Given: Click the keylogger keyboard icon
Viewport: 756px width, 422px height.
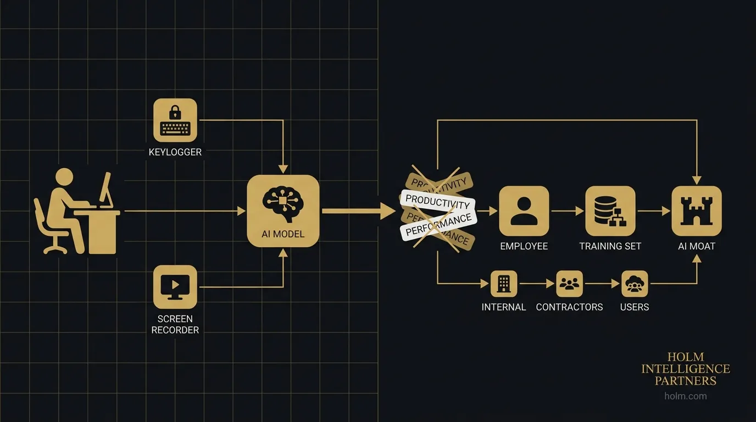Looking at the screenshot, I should [175, 120].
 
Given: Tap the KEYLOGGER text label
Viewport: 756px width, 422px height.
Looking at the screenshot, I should [175, 152].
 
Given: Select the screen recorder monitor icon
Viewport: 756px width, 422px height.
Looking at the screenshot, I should [175, 286].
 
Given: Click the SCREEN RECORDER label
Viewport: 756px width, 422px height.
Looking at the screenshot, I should [175, 324].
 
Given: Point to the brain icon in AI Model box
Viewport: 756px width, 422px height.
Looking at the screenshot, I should [283, 202].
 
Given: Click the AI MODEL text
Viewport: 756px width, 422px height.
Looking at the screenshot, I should [283, 234].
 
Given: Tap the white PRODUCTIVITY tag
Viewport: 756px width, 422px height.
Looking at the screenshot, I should [438, 202].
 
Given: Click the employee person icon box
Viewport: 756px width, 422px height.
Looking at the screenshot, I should [524, 211].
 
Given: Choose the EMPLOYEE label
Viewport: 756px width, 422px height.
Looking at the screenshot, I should [524, 246].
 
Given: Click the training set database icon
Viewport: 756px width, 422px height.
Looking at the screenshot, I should [610, 211].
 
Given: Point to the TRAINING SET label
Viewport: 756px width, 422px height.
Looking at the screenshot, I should [610, 246].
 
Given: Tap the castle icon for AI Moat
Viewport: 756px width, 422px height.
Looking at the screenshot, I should [696, 211].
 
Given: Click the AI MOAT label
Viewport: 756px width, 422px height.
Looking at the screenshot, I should [696, 246].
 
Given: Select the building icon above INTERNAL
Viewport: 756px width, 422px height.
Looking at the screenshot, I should [503, 284].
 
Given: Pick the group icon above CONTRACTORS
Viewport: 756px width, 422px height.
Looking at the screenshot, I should [569, 284].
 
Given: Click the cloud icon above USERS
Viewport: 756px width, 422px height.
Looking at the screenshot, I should [635, 284].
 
